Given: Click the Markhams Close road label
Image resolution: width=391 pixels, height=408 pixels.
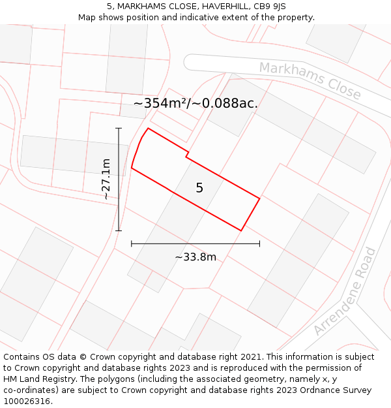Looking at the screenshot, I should click(x=310, y=80).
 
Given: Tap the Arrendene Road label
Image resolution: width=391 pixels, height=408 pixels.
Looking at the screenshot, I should click(x=345, y=290).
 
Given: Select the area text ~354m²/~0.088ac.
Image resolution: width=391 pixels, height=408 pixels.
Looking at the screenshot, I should click(x=195, y=103).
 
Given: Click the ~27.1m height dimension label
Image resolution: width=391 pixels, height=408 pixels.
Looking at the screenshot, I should click(x=106, y=178).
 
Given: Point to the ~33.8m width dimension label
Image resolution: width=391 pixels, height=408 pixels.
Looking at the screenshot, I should click(x=195, y=257).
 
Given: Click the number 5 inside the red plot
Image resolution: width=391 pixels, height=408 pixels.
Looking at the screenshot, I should click(x=199, y=188).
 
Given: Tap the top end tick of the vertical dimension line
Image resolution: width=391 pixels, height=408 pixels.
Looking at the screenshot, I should click(x=119, y=128).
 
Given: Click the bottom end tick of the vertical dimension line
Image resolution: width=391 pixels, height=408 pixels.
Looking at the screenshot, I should click(x=119, y=230).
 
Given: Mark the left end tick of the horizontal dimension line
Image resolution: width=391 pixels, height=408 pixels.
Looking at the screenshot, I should click(x=132, y=243).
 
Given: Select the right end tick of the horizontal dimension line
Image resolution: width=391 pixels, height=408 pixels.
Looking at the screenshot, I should click(x=259, y=243).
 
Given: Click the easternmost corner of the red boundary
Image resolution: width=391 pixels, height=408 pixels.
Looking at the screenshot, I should click(x=259, y=198).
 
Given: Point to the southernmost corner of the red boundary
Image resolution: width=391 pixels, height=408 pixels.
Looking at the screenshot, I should click(x=241, y=230).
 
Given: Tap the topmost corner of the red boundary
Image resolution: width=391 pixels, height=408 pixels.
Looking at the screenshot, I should click(x=148, y=128).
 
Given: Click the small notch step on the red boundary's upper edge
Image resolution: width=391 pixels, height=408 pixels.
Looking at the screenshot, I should click(x=188, y=155).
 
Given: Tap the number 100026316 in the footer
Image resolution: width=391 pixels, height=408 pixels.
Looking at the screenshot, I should click(x=25, y=401).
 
